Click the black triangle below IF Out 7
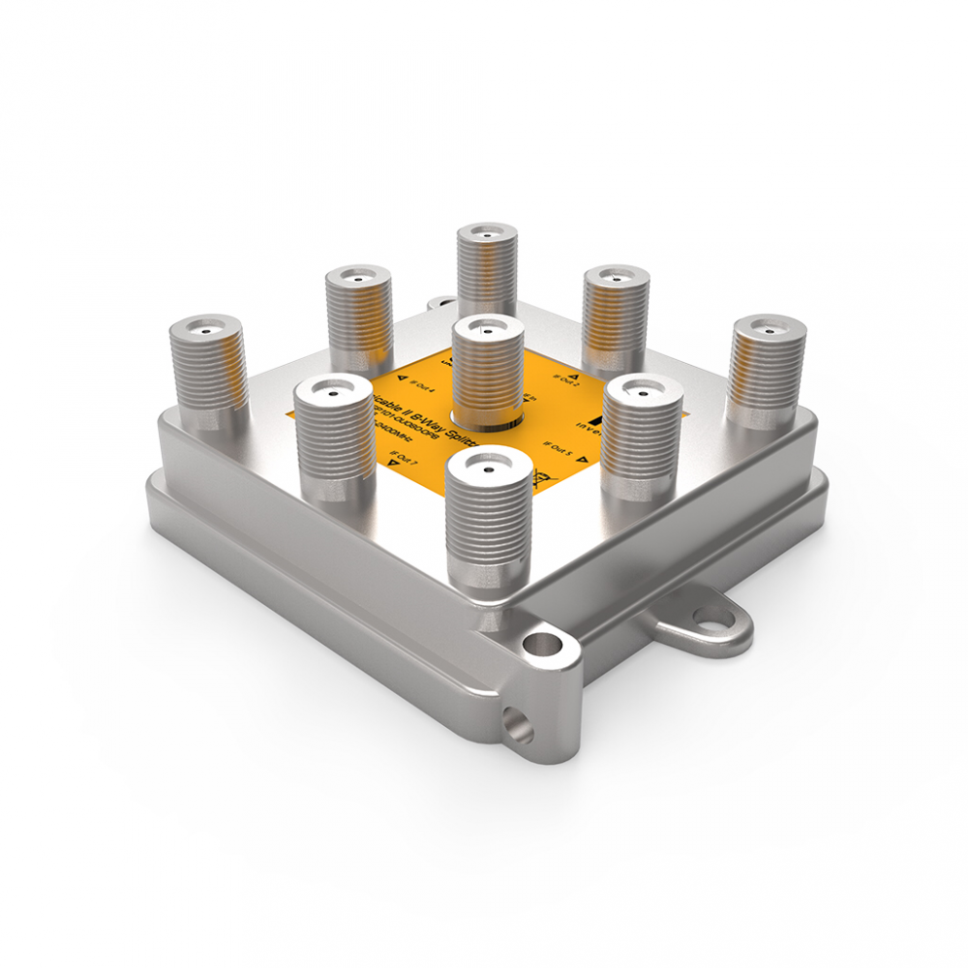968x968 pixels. point(392,466)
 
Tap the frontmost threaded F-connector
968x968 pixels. point(489,518)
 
